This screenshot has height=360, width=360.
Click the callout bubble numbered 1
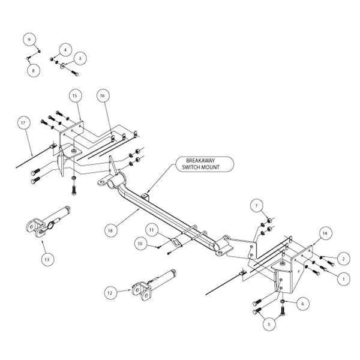(x=343, y=278)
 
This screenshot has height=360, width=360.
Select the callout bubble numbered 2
(x=343, y=259)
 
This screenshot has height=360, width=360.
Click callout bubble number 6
(x=302, y=304)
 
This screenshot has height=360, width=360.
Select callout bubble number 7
(x=257, y=206)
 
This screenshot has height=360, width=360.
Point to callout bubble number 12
(x=109, y=293)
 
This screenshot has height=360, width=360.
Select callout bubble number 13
(x=47, y=260)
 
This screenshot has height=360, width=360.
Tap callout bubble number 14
(x=325, y=232)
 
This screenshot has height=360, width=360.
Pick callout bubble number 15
(x=75, y=95)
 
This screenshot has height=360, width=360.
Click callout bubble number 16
(x=103, y=95)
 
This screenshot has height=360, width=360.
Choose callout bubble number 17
(x=24, y=124)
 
